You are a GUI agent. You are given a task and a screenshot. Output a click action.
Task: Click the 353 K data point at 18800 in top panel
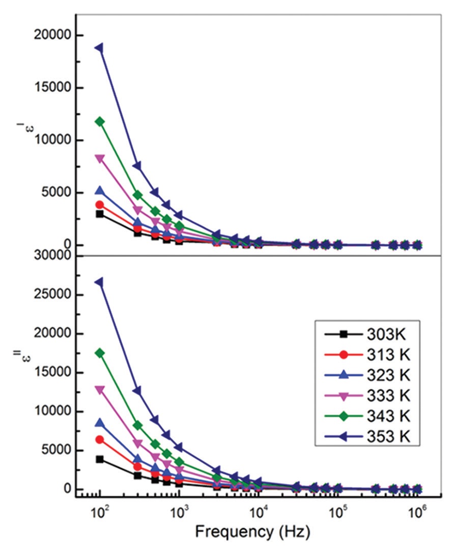(x=100, y=48)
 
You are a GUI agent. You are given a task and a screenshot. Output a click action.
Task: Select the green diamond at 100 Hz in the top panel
(x=100, y=121)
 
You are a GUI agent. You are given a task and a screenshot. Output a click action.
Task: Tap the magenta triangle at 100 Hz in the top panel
(x=100, y=159)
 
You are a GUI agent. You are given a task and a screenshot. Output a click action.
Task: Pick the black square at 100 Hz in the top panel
(x=100, y=214)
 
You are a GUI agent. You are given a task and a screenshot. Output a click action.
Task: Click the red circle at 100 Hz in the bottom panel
(x=100, y=439)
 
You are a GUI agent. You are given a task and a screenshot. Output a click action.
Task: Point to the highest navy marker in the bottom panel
(x=100, y=282)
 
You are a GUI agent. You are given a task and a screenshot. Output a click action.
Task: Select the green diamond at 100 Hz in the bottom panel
(x=100, y=353)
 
